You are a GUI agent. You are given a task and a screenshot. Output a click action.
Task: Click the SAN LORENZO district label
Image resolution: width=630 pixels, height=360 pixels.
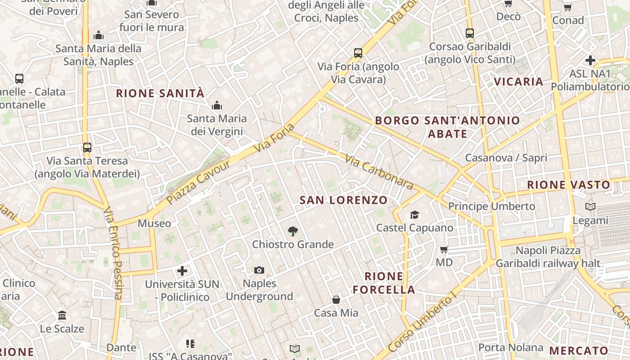(x=343, y=200)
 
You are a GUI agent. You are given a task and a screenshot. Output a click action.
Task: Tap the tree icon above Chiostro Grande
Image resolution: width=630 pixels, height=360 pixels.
(x=292, y=231)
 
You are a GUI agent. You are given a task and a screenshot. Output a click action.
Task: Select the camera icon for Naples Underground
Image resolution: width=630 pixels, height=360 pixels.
(x=259, y=270)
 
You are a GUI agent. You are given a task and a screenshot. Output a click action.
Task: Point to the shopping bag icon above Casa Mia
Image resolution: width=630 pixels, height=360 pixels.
(x=336, y=300)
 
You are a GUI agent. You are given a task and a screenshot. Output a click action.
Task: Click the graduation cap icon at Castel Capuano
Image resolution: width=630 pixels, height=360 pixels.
(x=414, y=215)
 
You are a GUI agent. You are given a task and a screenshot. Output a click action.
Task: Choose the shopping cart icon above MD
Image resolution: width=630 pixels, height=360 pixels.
(x=444, y=249)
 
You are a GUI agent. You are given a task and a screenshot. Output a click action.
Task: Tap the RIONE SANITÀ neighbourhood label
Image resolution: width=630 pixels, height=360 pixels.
(x=160, y=94)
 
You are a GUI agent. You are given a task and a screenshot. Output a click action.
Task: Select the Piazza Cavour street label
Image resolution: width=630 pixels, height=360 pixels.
(x=198, y=182)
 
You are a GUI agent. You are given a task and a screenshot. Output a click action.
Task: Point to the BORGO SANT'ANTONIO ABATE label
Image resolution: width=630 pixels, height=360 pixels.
(x=447, y=127)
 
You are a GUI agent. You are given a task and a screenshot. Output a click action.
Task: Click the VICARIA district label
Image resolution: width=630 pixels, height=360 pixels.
(x=518, y=81)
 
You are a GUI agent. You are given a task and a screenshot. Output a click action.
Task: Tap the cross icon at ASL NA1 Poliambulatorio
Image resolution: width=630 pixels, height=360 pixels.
(x=590, y=60)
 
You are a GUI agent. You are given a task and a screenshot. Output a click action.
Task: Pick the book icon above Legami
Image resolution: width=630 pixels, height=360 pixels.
(x=590, y=207)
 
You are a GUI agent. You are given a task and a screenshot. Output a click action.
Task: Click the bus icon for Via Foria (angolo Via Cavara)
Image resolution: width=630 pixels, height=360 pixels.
(x=358, y=53)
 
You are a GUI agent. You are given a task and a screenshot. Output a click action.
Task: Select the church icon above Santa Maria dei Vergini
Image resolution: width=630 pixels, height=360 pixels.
(x=217, y=105)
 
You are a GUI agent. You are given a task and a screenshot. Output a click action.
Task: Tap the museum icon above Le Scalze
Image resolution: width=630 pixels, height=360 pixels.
(x=62, y=315)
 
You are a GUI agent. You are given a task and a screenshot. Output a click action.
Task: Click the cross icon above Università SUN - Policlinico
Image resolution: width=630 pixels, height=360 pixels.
(x=182, y=271)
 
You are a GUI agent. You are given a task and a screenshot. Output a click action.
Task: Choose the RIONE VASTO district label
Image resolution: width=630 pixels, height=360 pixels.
(x=568, y=184)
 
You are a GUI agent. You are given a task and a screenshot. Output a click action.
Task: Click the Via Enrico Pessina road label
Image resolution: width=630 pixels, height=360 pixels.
(x=112, y=253)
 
